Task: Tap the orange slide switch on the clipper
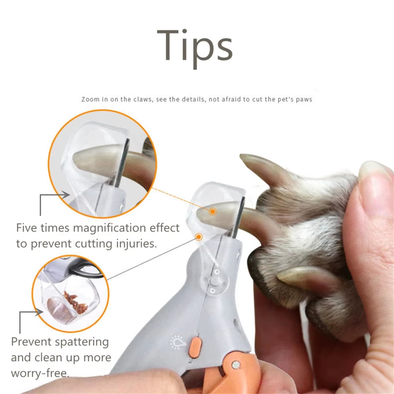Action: [196, 346]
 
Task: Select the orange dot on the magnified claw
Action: [213, 211]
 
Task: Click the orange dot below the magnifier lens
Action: [199, 237]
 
